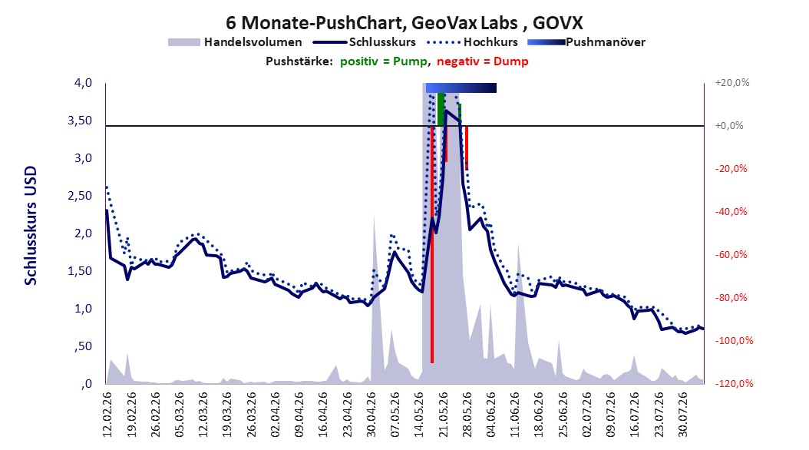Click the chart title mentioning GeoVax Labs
click(x=404, y=23)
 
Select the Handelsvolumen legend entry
click(x=235, y=42)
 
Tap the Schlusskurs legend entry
click(x=364, y=42)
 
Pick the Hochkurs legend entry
click(x=471, y=42)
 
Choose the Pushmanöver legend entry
click(x=586, y=42)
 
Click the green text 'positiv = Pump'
click(x=384, y=61)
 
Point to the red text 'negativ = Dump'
click(x=483, y=61)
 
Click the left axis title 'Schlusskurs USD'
click(x=31, y=226)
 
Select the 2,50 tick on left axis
click(x=80, y=196)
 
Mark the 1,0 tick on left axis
click(x=83, y=309)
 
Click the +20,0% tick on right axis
click(x=732, y=83)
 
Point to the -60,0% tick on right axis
click(x=731, y=254)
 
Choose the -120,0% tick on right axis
click(x=734, y=383)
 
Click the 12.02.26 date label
click(x=107, y=415)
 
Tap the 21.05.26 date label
click(x=443, y=415)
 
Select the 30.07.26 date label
click(x=683, y=415)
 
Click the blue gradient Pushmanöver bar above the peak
click(x=461, y=88)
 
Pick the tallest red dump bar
click(x=432, y=244)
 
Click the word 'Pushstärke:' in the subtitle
click(x=299, y=61)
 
